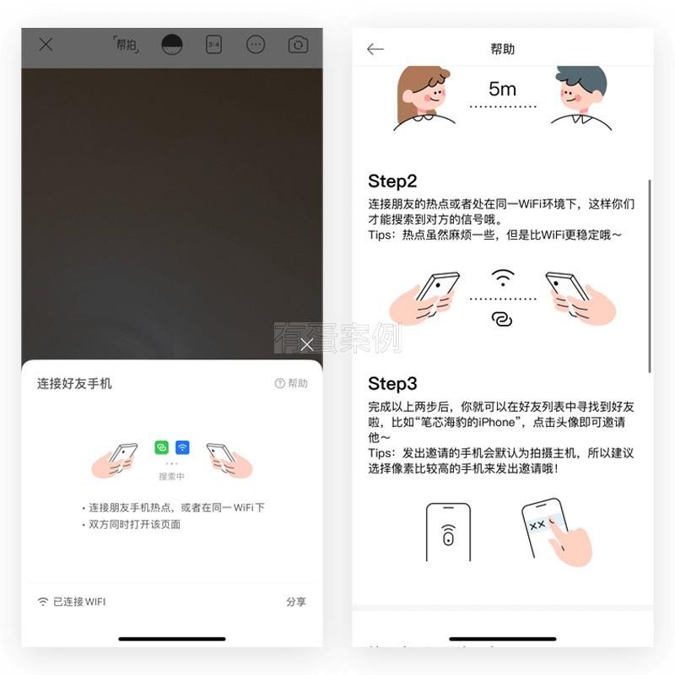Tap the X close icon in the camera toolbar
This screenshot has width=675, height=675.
[46, 45]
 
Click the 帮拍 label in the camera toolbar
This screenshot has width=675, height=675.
[126, 45]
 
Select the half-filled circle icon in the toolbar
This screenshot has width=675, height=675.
[172, 45]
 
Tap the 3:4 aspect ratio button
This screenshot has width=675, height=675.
[214, 45]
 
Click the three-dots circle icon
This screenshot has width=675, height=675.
[256, 45]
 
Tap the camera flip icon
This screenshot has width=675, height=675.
[298, 45]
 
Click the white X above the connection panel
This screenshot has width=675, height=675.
[306, 344]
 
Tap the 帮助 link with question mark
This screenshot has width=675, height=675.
[291, 383]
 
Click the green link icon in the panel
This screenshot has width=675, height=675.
[161, 448]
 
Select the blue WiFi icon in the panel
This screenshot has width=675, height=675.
[182, 448]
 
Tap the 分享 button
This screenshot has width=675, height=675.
[296, 602]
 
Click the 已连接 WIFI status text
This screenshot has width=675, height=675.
[79, 602]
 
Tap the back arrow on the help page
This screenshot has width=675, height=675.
[375, 49]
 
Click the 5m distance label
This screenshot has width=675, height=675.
[502, 89]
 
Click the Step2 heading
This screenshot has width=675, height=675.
[392, 181]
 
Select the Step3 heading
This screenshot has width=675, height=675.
[392, 384]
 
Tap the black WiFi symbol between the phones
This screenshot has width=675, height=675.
[503, 278]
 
